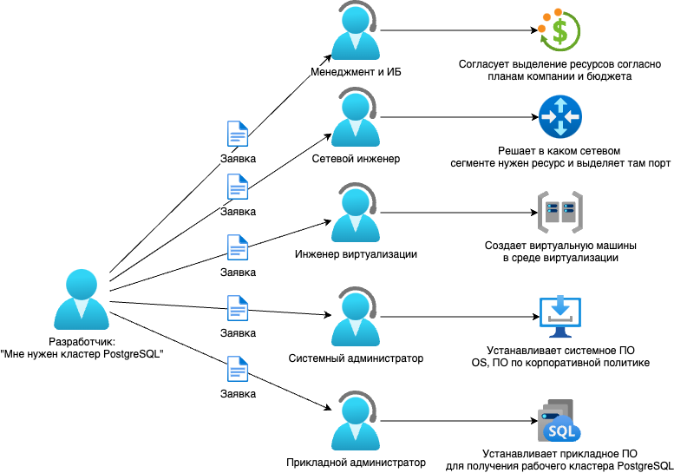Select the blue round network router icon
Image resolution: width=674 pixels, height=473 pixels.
(559, 116)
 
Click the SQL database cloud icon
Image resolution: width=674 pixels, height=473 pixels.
(558, 423)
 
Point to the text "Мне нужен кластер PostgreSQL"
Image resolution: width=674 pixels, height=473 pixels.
(82, 354)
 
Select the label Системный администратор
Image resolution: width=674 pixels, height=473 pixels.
(356, 358)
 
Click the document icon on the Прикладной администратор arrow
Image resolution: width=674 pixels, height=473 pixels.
(238, 369)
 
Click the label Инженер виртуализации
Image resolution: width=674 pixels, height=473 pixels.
(356, 254)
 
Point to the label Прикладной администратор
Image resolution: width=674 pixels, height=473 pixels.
(357, 463)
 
